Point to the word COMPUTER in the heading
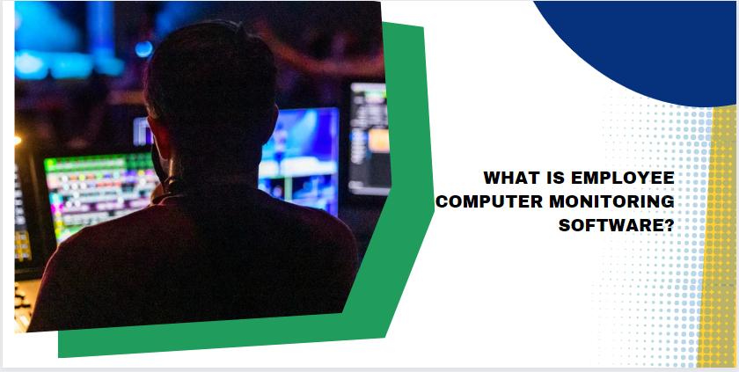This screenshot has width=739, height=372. pyautogui.click(x=489, y=201)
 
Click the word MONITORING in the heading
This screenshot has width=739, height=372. pyautogui.click(x=612, y=201)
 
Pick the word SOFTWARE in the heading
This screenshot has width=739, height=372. pyautogui.click(x=610, y=225)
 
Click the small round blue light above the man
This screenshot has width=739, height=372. pyautogui.click(x=143, y=49)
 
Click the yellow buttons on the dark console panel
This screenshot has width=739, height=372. pyautogui.click(x=22, y=244)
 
